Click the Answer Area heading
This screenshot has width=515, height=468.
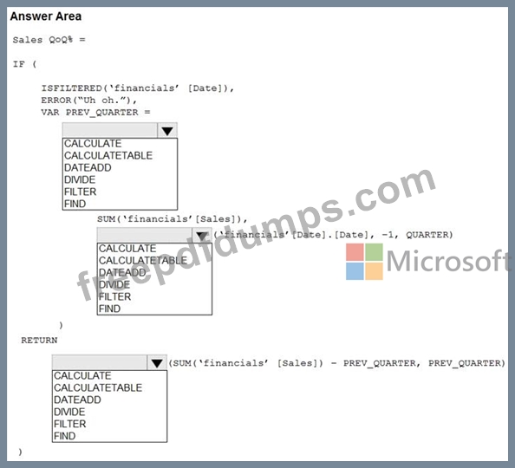pyautogui.click(x=46, y=16)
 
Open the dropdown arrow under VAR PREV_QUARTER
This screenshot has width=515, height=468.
pyautogui.click(x=167, y=131)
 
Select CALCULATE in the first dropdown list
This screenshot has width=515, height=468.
pyautogui.click(x=93, y=144)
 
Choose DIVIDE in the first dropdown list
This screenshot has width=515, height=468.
pyautogui.click(x=80, y=179)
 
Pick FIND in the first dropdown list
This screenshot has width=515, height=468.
pyautogui.click(x=75, y=204)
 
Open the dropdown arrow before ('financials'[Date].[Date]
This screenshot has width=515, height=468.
pyautogui.click(x=202, y=236)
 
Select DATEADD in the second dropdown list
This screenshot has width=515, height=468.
pyautogui.click(x=122, y=273)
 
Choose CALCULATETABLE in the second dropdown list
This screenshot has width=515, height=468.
pyautogui.click(x=143, y=261)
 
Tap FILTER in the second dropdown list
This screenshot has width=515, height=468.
pyautogui.click(x=114, y=297)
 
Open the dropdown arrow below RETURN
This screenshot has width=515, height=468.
pyautogui.click(x=157, y=363)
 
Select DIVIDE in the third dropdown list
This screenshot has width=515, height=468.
pyautogui.click(x=69, y=412)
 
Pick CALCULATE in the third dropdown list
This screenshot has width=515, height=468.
pyautogui.click(x=82, y=376)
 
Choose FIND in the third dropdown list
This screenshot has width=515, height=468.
pyautogui.click(x=64, y=436)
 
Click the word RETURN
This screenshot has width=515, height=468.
pyautogui.click(x=39, y=341)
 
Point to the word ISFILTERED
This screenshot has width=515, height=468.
pyautogui.click(x=72, y=88)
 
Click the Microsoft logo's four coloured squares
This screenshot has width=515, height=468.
pyautogui.click(x=364, y=262)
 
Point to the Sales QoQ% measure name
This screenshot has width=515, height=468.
pyautogui.click(x=42, y=40)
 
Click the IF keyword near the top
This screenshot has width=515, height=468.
pyautogui.click(x=19, y=64)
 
